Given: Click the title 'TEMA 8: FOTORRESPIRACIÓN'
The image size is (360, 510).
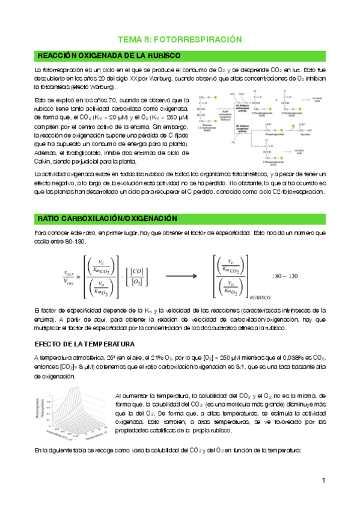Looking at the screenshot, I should pyautogui.click(x=180, y=39).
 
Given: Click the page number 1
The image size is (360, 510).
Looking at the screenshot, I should pyautogui.click(x=323, y=481).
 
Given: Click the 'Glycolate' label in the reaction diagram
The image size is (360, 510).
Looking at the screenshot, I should pyautogui.click(x=304, y=135).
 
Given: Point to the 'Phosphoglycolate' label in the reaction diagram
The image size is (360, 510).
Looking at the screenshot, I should pyautogui.click(x=270, y=135).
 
